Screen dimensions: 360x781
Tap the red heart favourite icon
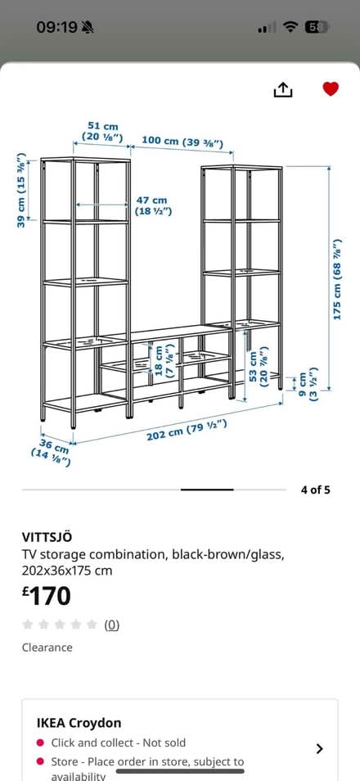(331, 88)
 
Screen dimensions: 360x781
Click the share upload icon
(283, 90)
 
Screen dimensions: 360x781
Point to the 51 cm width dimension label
(102, 132)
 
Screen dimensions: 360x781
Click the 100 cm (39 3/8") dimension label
(182, 142)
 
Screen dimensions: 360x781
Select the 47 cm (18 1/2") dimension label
(153, 205)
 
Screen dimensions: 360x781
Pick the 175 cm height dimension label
(338, 279)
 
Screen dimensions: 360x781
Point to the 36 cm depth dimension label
(52, 450)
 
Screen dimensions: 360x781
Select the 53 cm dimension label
(258, 367)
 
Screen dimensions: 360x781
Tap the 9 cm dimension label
(307, 385)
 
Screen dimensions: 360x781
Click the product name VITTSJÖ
(47, 537)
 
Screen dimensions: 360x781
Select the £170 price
(47, 596)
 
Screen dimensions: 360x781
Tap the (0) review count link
(111, 625)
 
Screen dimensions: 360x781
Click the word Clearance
(47, 648)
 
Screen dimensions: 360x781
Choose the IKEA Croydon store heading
(79, 723)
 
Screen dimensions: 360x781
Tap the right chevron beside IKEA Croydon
(320, 748)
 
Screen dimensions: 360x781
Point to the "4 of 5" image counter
(315, 490)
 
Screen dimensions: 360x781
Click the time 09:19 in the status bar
(56, 27)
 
